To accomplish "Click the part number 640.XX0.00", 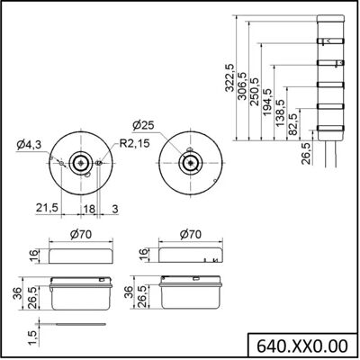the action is [302, 346].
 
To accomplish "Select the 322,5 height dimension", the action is [230, 78].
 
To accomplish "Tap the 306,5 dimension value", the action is [242, 86].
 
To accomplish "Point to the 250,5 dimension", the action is [255, 92].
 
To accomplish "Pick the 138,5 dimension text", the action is [280, 113].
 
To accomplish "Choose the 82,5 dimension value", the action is [292, 124].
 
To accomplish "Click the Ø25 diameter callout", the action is [143, 125].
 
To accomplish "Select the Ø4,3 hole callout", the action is [29, 145].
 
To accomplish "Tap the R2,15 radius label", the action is [134, 143].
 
